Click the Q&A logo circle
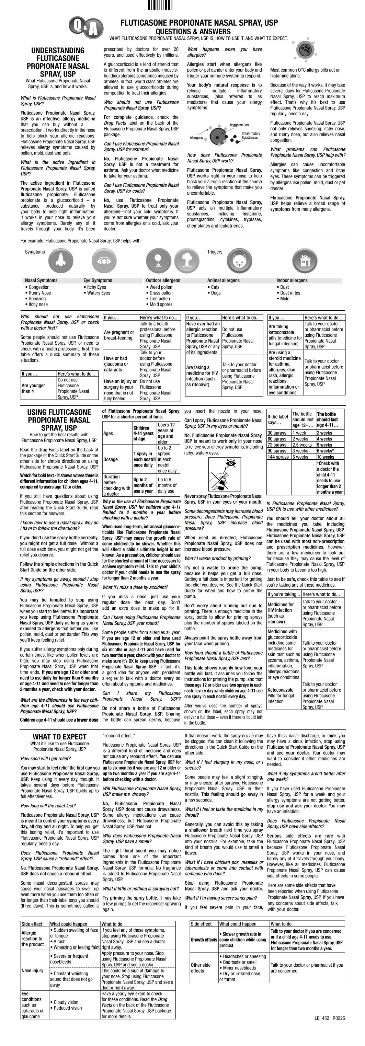(x=85, y=27)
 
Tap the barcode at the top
(x=160, y=5)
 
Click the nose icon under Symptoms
(x=61, y=260)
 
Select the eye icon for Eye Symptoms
(x=104, y=260)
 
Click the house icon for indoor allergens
(x=305, y=260)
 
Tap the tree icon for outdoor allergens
(x=187, y=260)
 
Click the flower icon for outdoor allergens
(x=158, y=260)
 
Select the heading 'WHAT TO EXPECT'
(x=60, y=737)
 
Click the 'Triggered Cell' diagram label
(x=239, y=125)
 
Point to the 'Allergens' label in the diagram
(x=196, y=138)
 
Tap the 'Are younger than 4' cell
(x=33, y=388)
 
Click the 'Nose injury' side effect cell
(x=33, y=970)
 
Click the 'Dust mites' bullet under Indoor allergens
(x=290, y=293)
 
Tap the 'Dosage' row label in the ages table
(x=111, y=459)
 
